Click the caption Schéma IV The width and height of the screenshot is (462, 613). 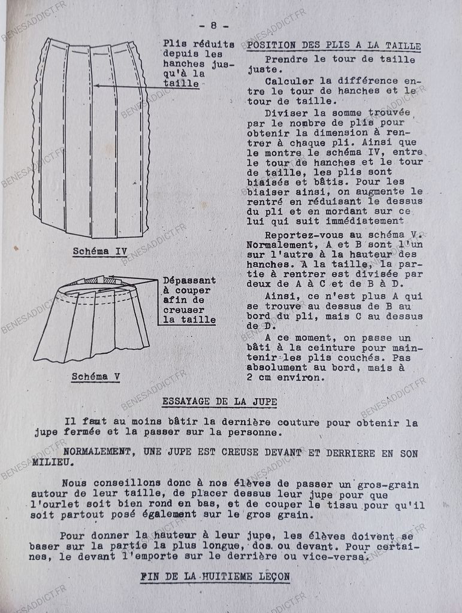[x=99, y=251]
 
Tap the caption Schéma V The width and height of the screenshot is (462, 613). [x=96, y=377]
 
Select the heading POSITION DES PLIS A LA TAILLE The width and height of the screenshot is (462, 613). [x=334, y=46]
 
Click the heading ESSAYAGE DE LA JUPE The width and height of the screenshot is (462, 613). [x=219, y=402]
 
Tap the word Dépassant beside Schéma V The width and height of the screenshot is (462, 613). [x=189, y=280]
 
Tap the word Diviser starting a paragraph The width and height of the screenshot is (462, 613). [x=285, y=113]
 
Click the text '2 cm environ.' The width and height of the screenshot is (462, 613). [x=282, y=378]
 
